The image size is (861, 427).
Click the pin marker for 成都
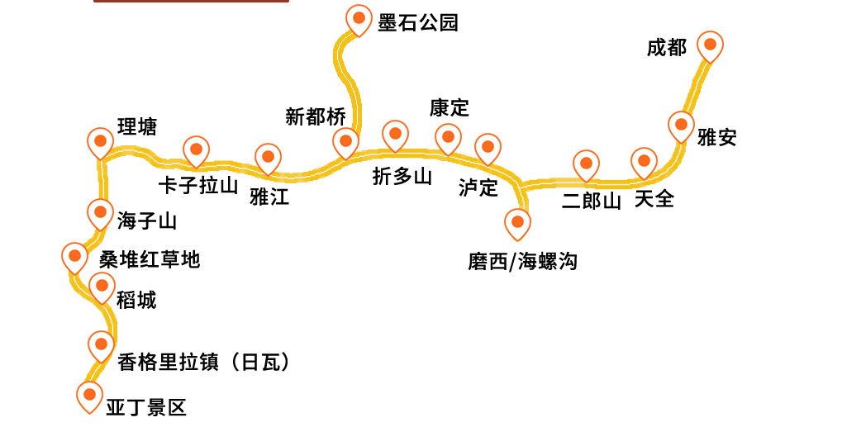tap(710, 45)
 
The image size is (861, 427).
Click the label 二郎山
tap(591, 201)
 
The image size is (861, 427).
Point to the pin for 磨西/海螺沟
tap(517, 222)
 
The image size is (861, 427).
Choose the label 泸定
tap(478, 187)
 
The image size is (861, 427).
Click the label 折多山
tap(402, 176)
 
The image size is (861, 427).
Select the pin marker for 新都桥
tap(345, 141)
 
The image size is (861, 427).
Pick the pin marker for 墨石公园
tap(359, 18)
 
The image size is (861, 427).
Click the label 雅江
tap(269, 196)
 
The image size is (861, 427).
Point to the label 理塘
tap(137, 126)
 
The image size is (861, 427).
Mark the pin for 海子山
tap(100, 213)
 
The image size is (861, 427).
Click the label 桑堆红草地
tap(150, 259)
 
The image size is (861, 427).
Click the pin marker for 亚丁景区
tap(89, 395)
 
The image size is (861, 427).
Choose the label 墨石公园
tap(417, 22)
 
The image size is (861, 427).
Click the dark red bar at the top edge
tap(191, 2)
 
